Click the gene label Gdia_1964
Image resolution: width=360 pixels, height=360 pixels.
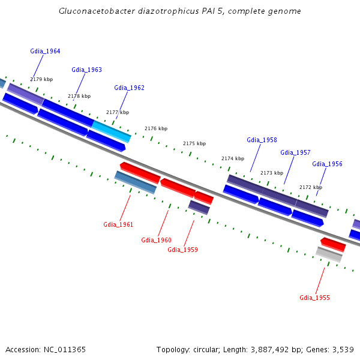pos(45,51)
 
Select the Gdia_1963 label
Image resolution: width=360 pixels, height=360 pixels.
pos(87,70)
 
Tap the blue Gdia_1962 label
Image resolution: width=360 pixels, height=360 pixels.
pos(129,88)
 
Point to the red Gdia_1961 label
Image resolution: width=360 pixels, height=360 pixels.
pos(118,224)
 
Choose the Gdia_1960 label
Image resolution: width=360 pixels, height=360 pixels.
pos(157,240)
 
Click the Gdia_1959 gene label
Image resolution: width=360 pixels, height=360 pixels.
pos(183,250)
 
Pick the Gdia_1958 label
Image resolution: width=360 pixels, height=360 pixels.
pos(262,140)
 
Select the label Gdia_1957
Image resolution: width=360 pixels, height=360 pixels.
pos(295,152)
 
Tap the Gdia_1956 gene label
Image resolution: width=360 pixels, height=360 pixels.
pos(327,164)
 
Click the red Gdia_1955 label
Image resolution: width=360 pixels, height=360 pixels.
pos(315,298)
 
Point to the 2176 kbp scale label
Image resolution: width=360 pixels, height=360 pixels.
pos(156,128)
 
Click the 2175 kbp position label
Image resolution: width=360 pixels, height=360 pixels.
pos(194,143)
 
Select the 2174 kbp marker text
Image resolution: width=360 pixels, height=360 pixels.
pos(233,158)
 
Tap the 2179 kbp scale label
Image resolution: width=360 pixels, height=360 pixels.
pos(41,79)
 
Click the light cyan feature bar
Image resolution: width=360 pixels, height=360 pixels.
pos(112,132)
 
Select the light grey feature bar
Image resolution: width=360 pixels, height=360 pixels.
pos(329,254)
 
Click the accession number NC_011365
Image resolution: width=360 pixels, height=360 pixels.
pos(65,350)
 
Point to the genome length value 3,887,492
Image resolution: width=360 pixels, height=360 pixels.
pos(269,350)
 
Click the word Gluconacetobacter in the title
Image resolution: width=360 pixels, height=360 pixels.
pos(97,11)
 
